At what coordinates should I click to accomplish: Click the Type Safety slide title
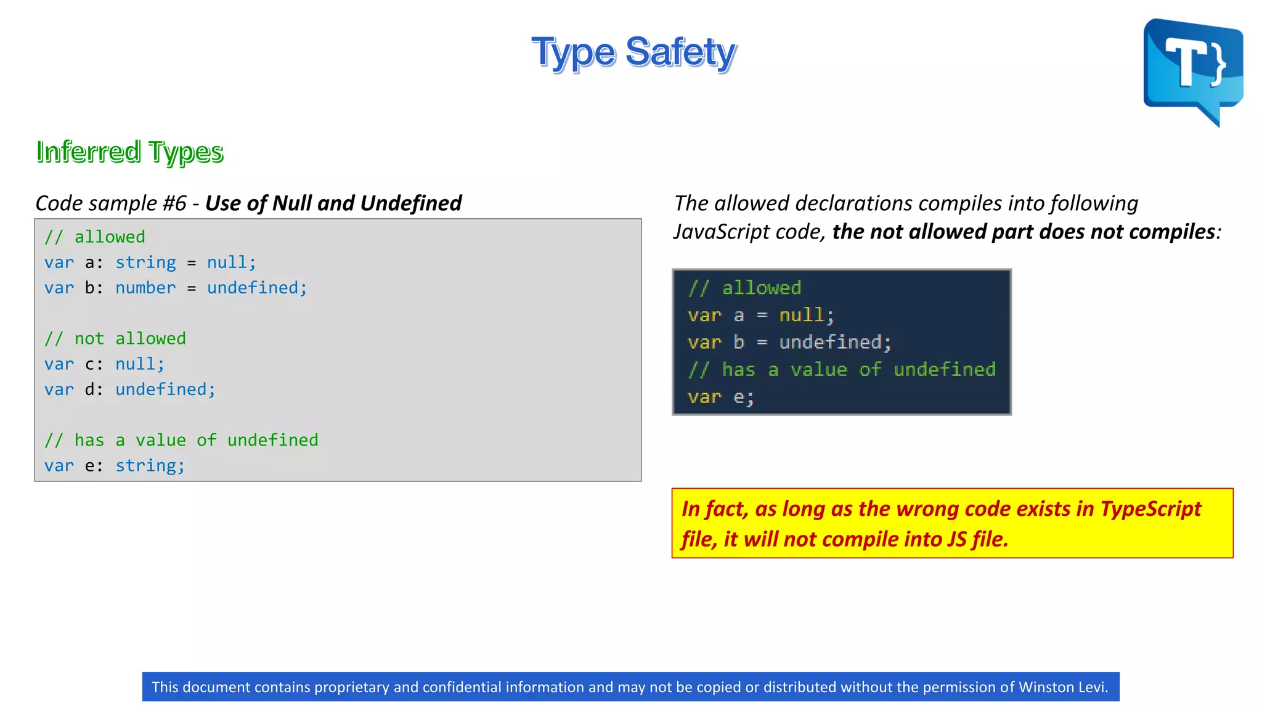point(633,52)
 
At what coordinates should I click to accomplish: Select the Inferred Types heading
point(129,152)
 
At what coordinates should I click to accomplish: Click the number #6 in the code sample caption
point(174,203)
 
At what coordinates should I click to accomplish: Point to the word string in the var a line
point(145,263)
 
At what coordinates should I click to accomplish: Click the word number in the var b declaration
point(145,288)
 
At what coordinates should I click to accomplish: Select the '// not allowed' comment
point(115,338)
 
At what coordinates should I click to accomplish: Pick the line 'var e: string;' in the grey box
point(115,466)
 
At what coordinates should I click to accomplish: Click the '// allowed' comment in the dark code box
point(744,288)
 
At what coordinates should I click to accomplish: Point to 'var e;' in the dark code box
point(720,397)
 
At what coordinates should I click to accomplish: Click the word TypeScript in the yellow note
point(1150,509)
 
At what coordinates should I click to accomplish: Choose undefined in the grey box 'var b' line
point(256,288)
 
